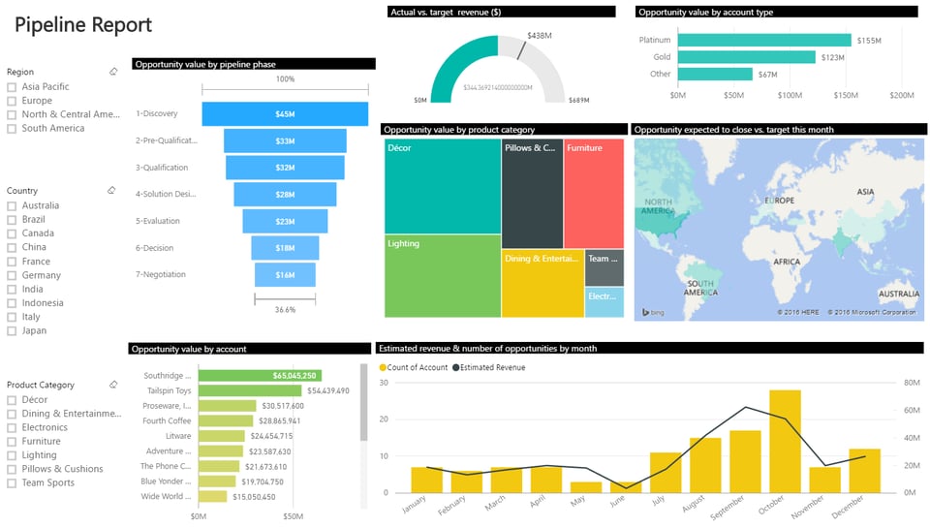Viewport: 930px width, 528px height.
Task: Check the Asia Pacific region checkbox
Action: [x=12, y=87]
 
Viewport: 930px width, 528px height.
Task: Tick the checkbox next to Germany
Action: [x=12, y=275]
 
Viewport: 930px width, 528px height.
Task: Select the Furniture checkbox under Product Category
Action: [x=12, y=441]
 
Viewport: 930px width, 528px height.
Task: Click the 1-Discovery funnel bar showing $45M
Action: [x=285, y=114]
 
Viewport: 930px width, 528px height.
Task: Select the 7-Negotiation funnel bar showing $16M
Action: [x=285, y=275]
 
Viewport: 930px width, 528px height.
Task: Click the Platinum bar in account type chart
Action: [x=764, y=41]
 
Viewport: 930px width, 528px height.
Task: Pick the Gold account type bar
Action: [x=746, y=57]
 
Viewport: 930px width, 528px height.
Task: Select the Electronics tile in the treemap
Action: [x=604, y=302]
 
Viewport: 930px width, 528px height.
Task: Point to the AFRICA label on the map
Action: [x=786, y=262]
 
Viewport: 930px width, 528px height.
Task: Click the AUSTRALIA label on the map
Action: [x=897, y=294]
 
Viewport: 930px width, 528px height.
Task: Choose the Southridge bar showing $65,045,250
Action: [x=260, y=375]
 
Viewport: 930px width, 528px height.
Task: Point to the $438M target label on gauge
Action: [x=539, y=36]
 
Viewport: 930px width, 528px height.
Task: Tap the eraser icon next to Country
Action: [x=113, y=191]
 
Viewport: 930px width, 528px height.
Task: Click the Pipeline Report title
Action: [x=83, y=25]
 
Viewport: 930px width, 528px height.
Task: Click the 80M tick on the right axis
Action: [x=911, y=383]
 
